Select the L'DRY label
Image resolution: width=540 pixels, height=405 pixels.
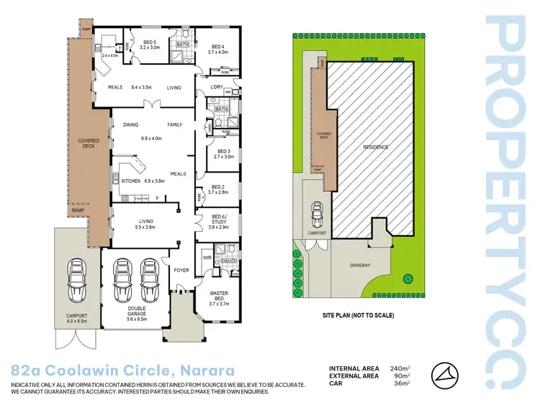pos(217,88)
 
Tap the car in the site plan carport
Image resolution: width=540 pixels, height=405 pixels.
pos(318,214)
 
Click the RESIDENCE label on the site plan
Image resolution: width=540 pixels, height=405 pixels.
pos(375,147)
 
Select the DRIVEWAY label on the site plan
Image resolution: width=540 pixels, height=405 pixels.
pos(360,265)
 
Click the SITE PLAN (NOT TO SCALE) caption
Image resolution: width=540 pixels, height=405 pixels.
pos(359,315)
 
